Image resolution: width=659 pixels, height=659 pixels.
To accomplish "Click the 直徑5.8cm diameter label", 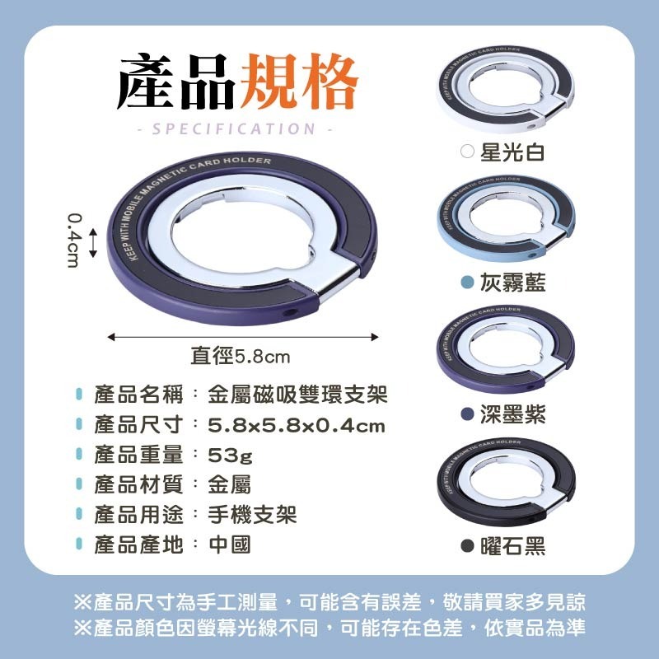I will tap(241, 357).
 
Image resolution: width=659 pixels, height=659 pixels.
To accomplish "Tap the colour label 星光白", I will tap(512, 152).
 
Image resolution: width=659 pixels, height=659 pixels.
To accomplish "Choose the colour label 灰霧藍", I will tap(512, 283).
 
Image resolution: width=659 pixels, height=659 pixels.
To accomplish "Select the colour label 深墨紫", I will tap(512, 414).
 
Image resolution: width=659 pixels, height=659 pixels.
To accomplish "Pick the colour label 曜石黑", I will tap(512, 546).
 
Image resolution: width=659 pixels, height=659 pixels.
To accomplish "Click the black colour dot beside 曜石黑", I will tap(467, 546).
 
